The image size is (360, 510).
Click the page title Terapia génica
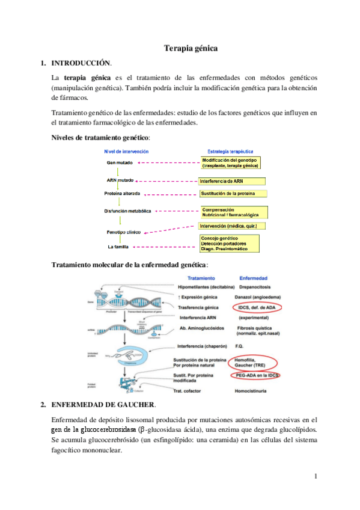click(191, 48)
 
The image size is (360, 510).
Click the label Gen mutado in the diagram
click(120, 162)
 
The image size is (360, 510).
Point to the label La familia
click(118, 247)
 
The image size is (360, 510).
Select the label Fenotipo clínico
click(124, 232)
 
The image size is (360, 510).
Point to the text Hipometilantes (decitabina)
click(204, 287)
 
